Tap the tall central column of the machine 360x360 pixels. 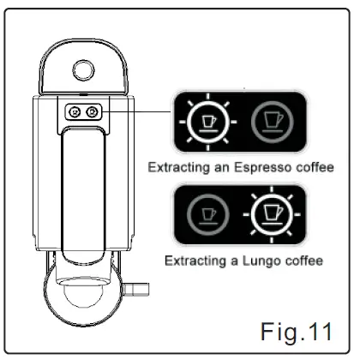[84, 189]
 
